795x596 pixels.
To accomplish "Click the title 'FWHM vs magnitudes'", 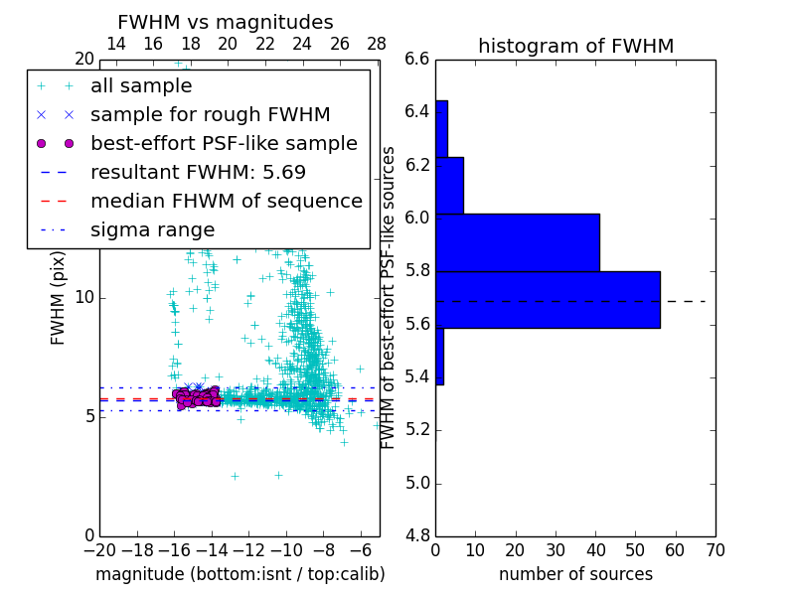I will (226, 22).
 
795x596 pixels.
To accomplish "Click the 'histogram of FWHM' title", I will (575, 46).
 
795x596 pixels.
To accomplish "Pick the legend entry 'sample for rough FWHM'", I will (210, 114).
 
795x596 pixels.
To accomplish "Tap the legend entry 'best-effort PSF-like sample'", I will (224, 143).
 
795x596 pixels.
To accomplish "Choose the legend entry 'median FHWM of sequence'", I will (226, 201).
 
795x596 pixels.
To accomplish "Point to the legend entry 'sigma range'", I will (152, 230).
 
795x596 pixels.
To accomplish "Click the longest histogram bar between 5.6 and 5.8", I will (548, 299).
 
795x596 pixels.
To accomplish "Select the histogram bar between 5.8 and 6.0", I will (517, 242).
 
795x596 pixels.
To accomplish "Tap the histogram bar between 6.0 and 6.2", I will (449, 185).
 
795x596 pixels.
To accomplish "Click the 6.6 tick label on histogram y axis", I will (417, 59).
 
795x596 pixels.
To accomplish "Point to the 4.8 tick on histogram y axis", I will (417, 536).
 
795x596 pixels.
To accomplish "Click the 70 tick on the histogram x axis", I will (715, 549).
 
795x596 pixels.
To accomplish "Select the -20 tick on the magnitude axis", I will (99, 549).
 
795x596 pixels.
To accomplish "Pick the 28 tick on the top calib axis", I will (377, 44).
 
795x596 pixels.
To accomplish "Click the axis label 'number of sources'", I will (575, 574).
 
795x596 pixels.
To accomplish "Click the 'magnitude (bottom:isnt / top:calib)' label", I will (239, 574).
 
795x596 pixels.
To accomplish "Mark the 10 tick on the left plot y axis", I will (84, 297).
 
